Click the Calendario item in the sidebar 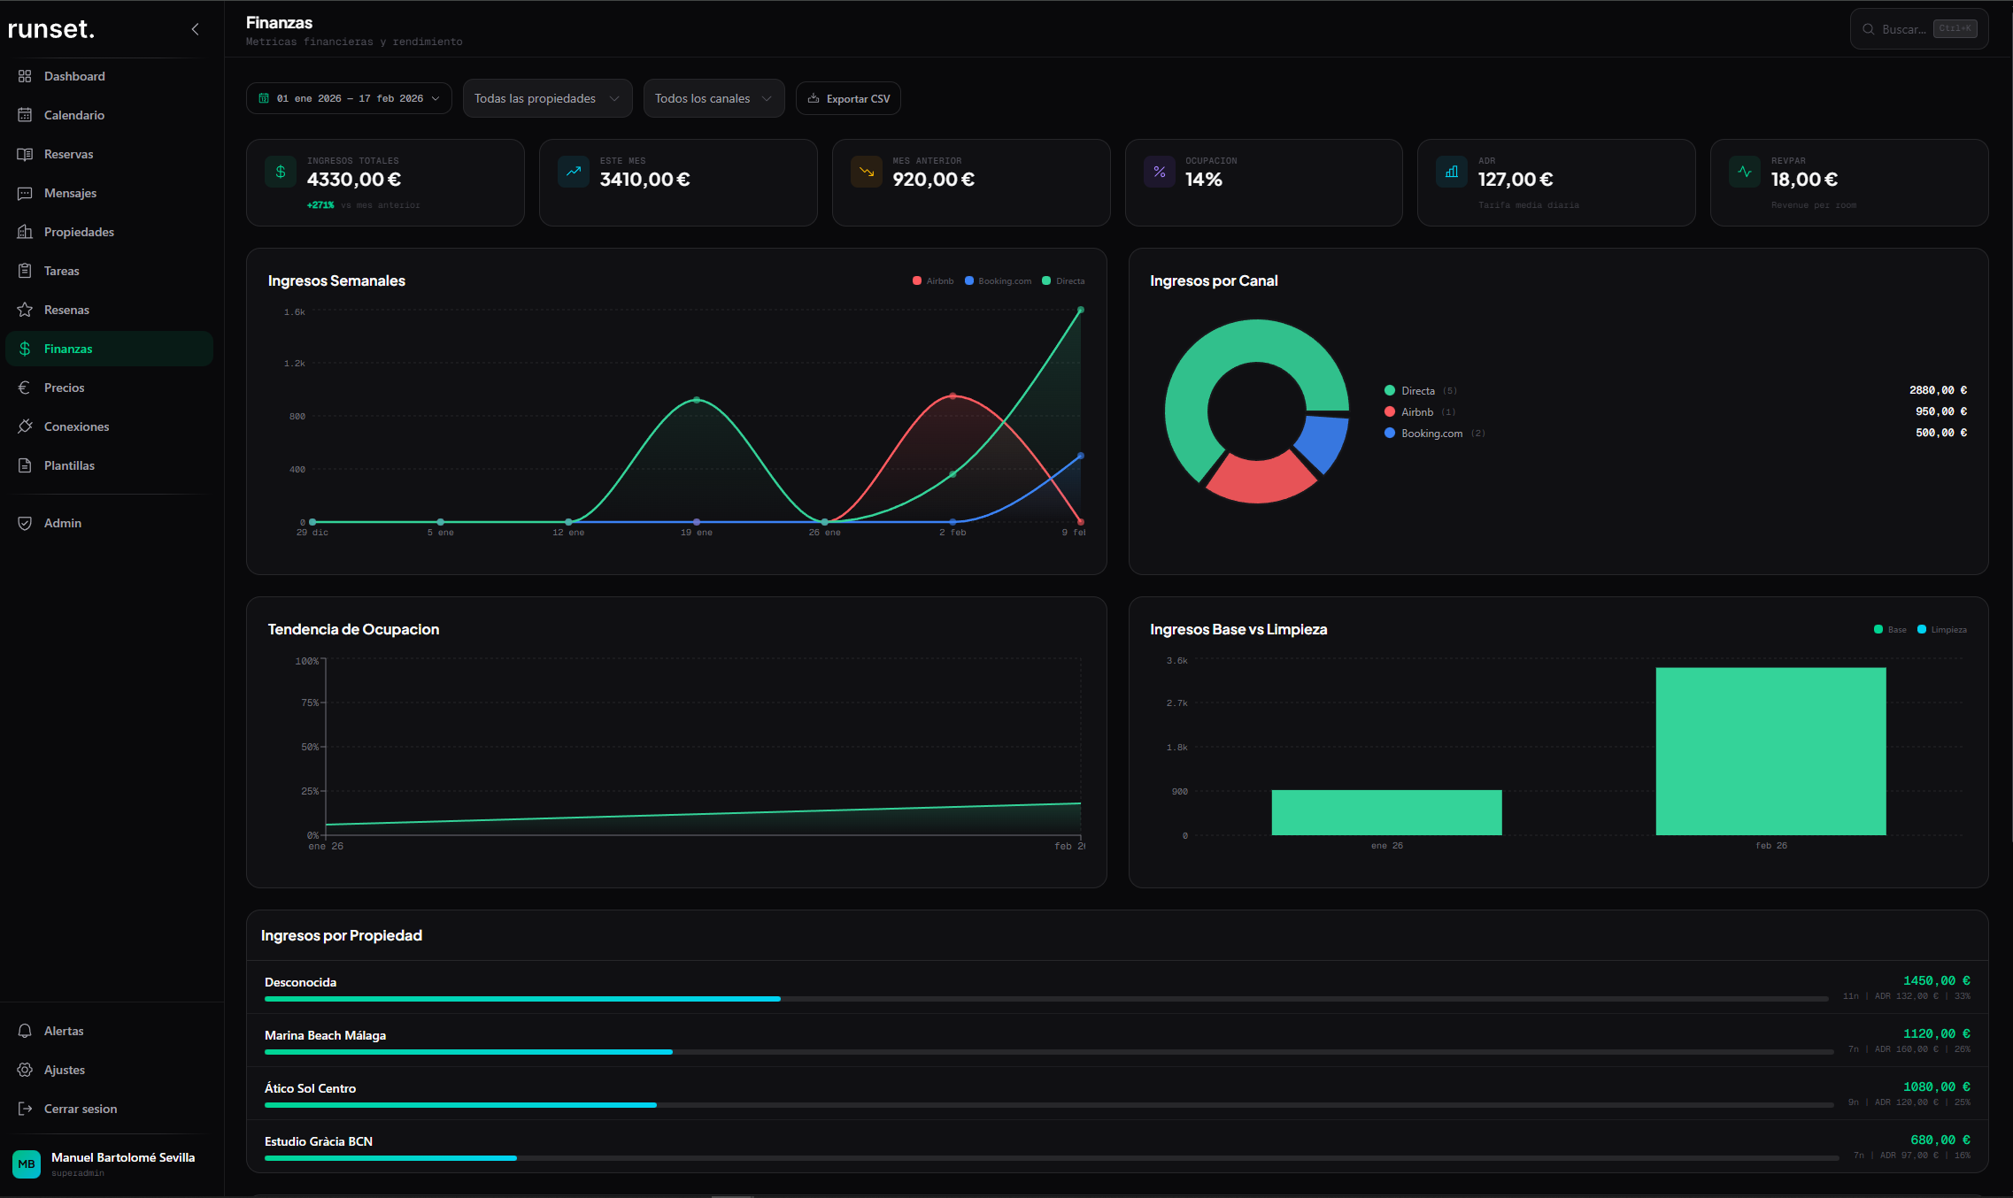73,115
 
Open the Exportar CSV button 848,98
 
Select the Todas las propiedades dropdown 546,98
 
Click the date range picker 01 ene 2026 349,98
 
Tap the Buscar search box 1903,29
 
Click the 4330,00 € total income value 353,180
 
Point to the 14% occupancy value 1203,180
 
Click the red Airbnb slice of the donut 1260,479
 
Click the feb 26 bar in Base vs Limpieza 1770,752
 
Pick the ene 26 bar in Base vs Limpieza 1386,813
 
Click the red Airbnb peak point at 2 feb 953,396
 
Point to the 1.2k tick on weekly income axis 294,364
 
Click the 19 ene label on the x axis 696,533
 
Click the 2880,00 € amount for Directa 1938,390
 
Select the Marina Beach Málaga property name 325,1035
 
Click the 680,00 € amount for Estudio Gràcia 1940,1140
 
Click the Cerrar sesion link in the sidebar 80,1109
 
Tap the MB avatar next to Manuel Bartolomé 27,1163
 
